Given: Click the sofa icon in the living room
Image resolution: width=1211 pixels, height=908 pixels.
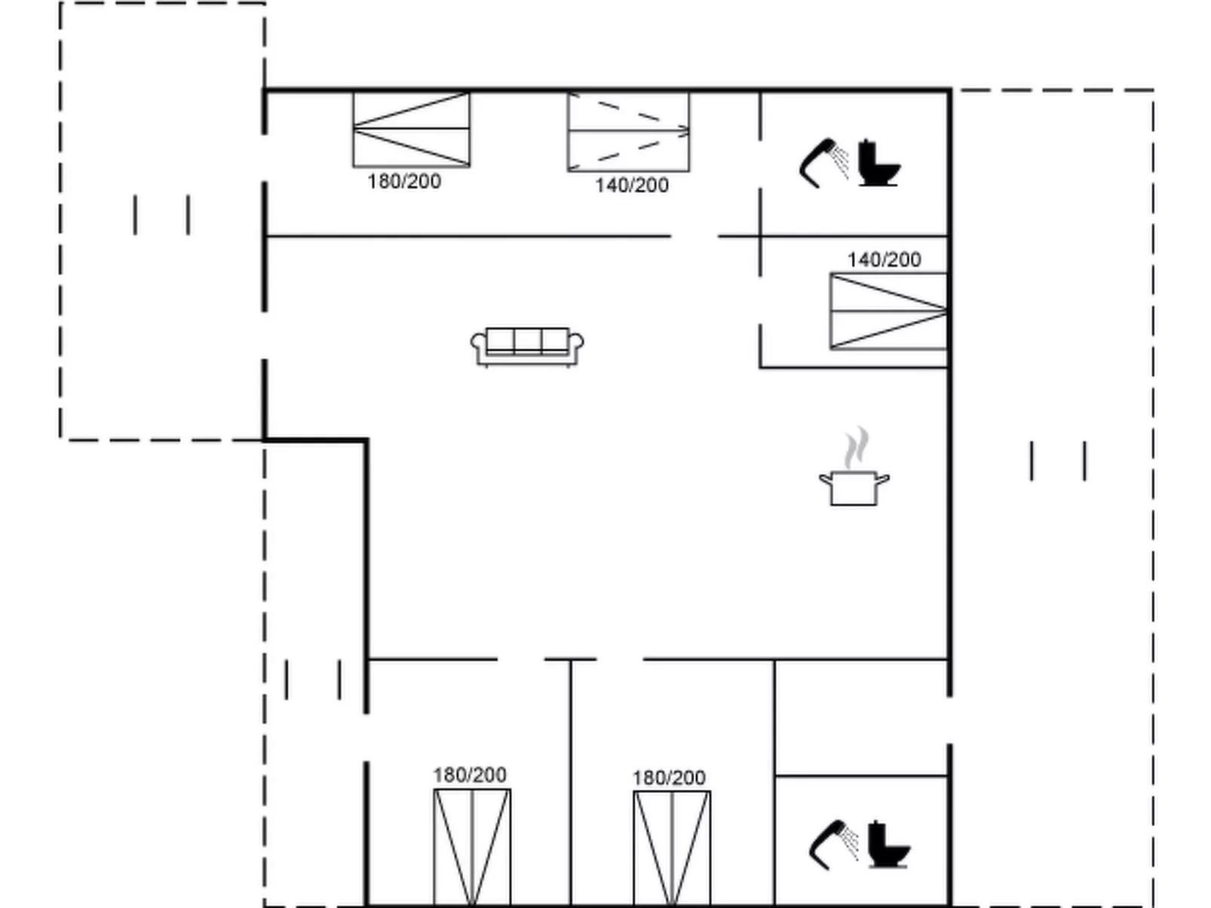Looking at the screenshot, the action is [527, 347].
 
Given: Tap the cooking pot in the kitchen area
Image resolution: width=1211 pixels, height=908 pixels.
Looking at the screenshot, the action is [854, 488].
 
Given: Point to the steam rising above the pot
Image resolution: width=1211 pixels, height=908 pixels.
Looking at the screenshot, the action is [856, 447].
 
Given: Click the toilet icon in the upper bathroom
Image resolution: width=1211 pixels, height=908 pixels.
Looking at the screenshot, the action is [879, 163].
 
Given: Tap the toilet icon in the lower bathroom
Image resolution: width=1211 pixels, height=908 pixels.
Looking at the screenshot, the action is [889, 845].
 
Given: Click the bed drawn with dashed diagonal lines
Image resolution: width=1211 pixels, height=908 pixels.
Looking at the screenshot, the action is [628, 133].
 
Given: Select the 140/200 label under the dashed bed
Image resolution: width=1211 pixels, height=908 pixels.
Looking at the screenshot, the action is [632, 185].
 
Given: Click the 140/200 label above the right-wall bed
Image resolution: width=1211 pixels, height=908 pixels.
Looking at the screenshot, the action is [884, 260].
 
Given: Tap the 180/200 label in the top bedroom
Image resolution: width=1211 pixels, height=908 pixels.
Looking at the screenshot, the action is [404, 182].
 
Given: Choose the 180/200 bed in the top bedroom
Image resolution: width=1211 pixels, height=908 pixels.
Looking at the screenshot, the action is [412, 130].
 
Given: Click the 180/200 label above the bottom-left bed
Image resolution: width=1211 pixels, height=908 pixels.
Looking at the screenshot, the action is [470, 775].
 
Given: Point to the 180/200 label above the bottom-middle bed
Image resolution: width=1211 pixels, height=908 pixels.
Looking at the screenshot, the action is [669, 778].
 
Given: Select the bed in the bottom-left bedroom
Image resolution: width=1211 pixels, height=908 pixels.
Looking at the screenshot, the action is [472, 848].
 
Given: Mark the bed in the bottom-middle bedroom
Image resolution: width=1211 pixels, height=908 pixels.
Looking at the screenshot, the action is [672, 849].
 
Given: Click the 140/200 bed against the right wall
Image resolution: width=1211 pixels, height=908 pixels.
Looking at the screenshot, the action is [889, 311].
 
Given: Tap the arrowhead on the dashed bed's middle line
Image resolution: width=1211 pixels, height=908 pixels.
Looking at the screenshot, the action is [685, 131].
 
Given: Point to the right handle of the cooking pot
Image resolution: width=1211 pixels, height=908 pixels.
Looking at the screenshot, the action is [883, 479].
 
